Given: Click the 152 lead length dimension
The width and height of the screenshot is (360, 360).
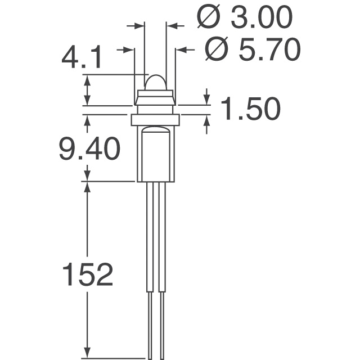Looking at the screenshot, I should click(x=87, y=275).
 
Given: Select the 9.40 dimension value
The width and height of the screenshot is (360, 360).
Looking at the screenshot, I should click(x=90, y=150).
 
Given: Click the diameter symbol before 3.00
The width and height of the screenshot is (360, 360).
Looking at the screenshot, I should click(x=209, y=19).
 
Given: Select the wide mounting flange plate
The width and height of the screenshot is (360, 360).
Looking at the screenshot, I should click(x=155, y=120).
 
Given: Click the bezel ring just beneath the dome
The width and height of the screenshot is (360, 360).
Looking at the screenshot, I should click(x=155, y=100).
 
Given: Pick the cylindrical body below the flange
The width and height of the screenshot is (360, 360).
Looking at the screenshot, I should click(x=155, y=155).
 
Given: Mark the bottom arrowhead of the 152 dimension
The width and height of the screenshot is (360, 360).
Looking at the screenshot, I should click(x=87, y=352).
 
